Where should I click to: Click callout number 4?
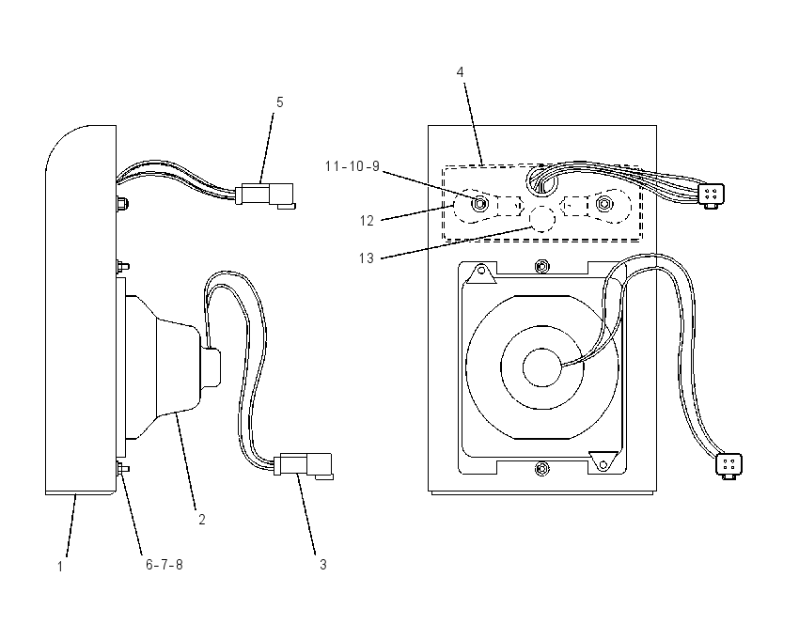[461, 72]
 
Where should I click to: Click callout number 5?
[280, 102]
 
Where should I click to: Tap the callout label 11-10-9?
[352, 166]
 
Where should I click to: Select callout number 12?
[367, 221]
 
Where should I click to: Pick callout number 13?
[367, 258]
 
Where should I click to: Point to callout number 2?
[202, 520]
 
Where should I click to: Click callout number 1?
[60, 567]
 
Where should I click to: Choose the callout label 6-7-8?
[164, 565]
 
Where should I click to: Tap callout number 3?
[323, 565]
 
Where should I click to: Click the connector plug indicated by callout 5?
[265, 195]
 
